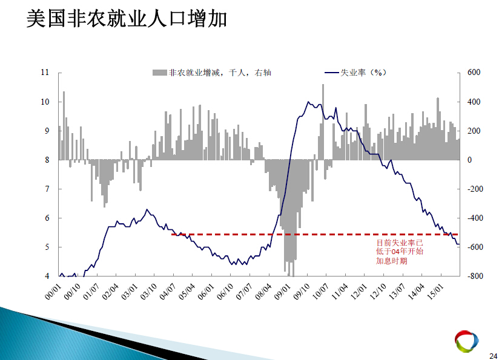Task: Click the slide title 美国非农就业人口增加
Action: (127, 19)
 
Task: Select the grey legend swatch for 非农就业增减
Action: (160, 73)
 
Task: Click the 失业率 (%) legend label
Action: (363, 73)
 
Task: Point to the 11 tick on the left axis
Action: (45, 73)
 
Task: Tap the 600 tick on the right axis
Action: (474, 73)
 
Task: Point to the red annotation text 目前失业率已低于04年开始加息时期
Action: (400, 252)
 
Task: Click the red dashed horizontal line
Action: (315, 234)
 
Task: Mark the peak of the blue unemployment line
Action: (308, 102)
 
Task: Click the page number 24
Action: (494, 356)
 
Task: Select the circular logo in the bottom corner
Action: (466, 341)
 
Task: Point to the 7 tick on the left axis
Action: (47, 189)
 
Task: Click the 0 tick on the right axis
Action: (469, 160)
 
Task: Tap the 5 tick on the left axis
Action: (47, 247)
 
